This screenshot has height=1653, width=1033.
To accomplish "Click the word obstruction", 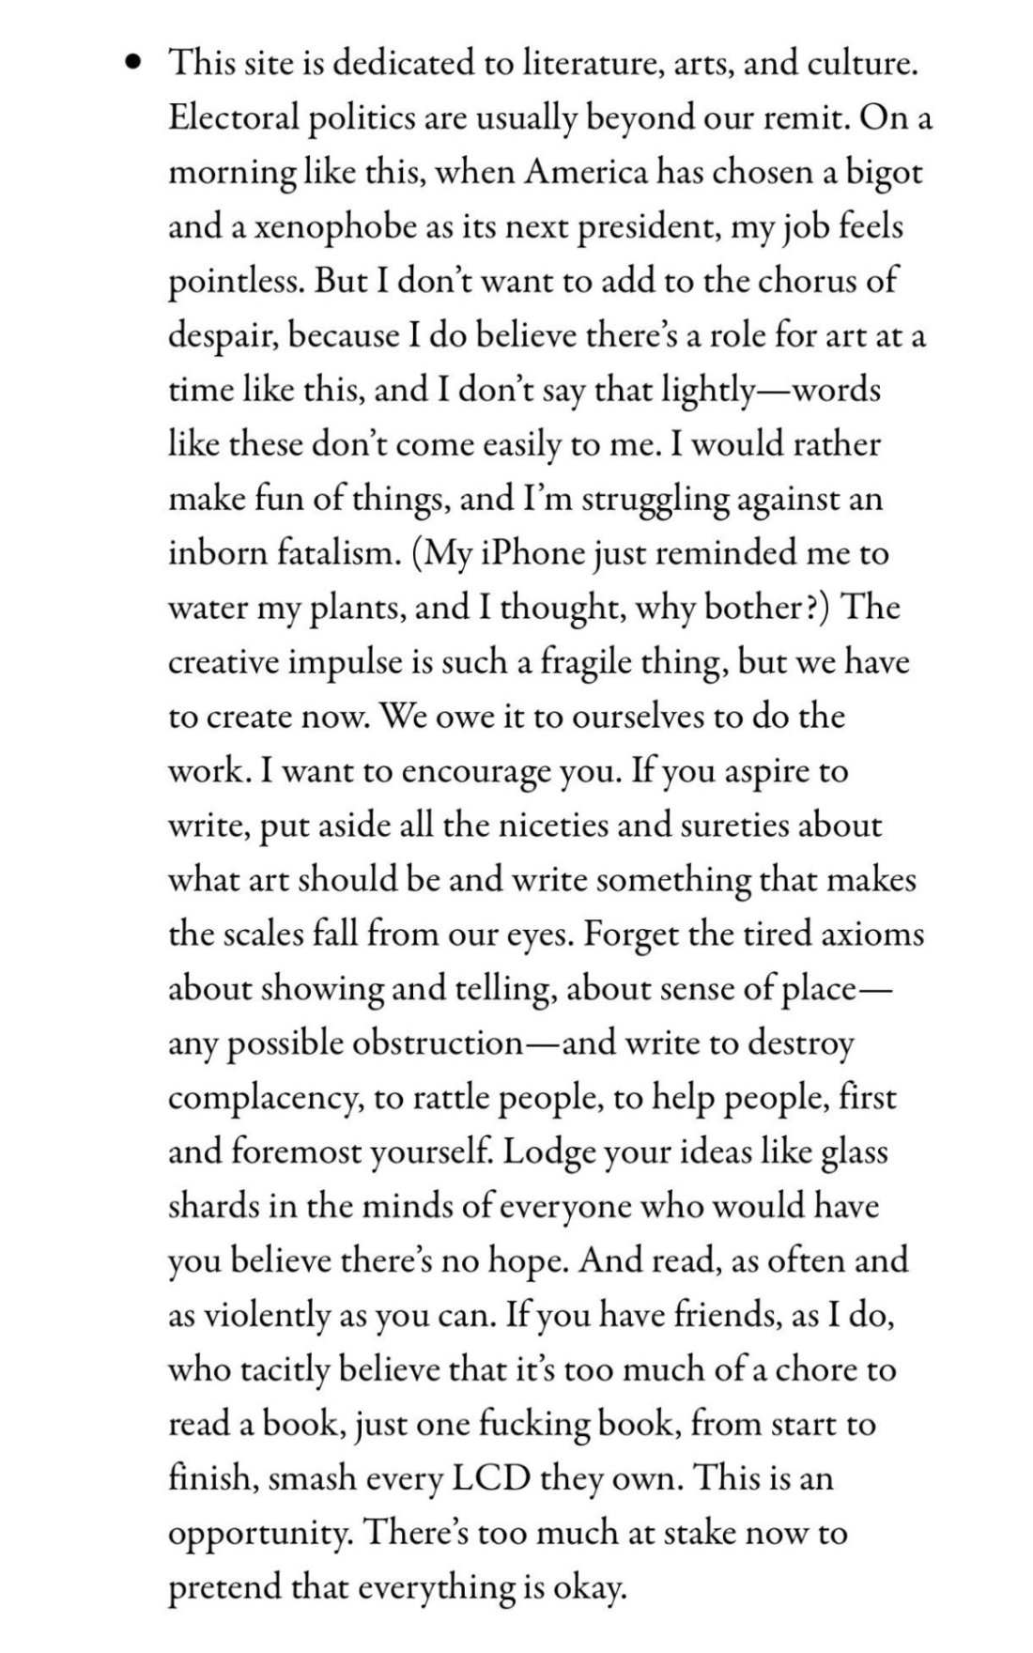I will point(437,1043).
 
